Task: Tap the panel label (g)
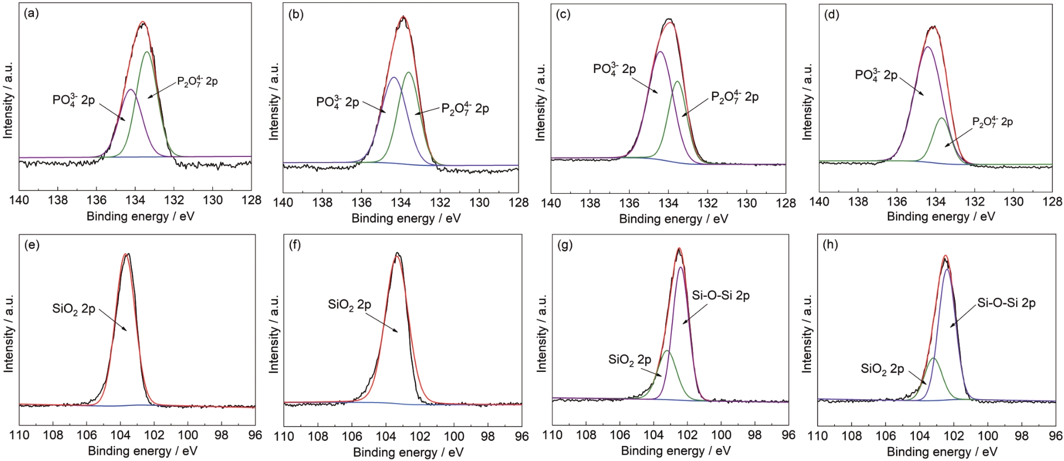pos(565,245)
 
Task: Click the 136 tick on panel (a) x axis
pos(97,200)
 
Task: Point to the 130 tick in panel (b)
pos(479,202)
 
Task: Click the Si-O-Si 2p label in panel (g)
pos(720,296)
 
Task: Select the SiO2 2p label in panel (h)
pos(882,369)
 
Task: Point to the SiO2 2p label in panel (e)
pos(74,309)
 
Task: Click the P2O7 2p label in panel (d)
pos(992,122)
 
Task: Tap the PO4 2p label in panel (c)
pos(614,69)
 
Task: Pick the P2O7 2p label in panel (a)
pos(197,81)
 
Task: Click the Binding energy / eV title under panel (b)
pos(406,218)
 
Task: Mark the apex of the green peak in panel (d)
pos(942,118)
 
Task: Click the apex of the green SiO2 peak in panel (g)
pos(667,351)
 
